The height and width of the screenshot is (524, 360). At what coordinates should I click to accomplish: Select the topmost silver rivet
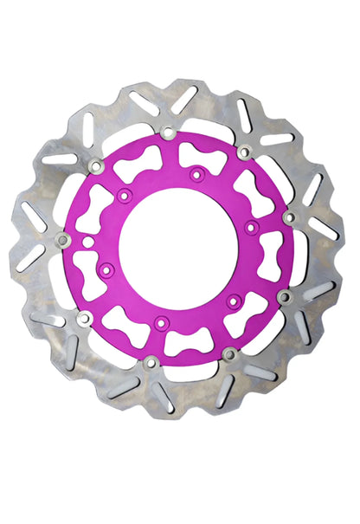pos(167,133)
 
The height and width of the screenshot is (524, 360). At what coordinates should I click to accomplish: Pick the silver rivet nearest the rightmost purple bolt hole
pos(288,217)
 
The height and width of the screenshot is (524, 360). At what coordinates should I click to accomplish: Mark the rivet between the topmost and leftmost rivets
pos(94,165)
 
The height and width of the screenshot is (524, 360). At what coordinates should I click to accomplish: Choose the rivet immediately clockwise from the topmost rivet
pos(244,152)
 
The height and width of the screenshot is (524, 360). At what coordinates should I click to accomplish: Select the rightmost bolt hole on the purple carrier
pos(250,227)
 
